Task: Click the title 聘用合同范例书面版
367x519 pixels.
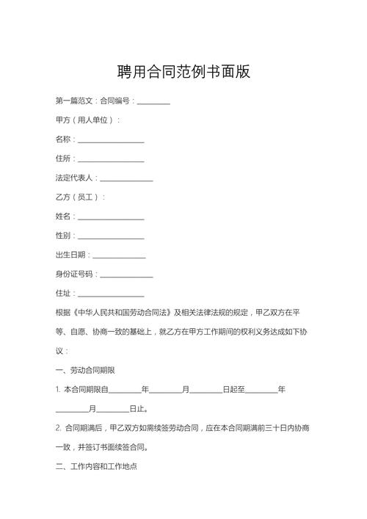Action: click(183, 71)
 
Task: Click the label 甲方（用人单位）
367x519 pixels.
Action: click(87, 120)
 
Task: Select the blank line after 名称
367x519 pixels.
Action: click(111, 139)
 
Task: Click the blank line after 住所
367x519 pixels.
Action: click(111, 159)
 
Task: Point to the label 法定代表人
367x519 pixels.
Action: click(75, 178)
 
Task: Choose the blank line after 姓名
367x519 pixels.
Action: click(111, 217)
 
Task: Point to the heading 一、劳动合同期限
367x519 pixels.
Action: click(85, 370)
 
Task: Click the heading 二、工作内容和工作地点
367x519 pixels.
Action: click(95, 466)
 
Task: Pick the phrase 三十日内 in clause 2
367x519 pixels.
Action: click(282, 427)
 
